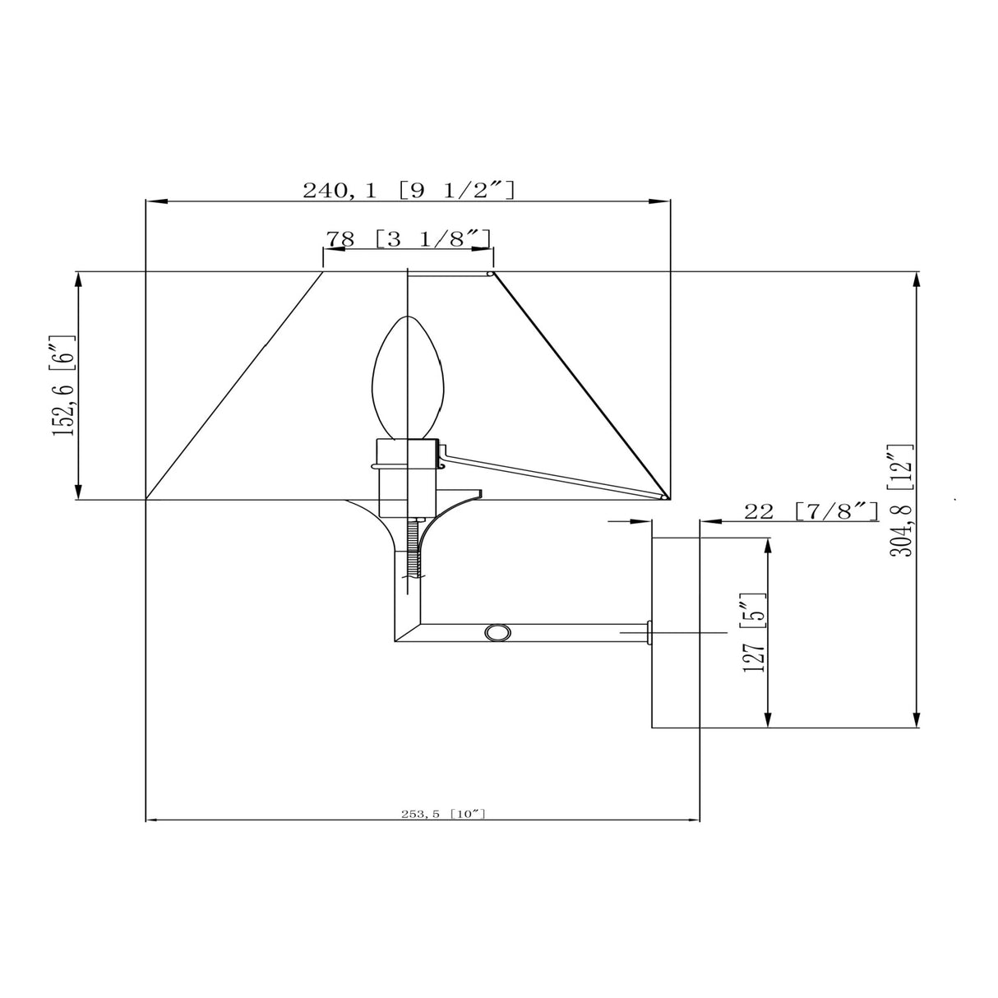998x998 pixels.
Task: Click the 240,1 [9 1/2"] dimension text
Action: coord(409,190)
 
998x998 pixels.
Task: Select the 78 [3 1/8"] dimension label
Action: coord(409,238)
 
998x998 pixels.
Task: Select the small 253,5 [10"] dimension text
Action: coord(444,814)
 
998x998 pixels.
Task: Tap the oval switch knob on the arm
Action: coord(497,632)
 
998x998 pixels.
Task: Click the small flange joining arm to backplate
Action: coord(649,632)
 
